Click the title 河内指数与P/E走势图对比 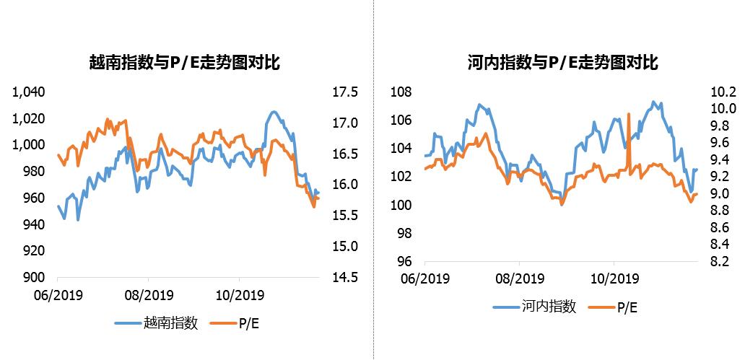click(x=562, y=63)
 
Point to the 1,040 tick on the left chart click(x=30, y=92)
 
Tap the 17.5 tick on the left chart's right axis click(x=344, y=92)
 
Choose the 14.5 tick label click(x=344, y=277)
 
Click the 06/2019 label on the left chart click(x=57, y=295)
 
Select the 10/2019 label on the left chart click(x=239, y=295)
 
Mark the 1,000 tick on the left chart click(x=30, y=145)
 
